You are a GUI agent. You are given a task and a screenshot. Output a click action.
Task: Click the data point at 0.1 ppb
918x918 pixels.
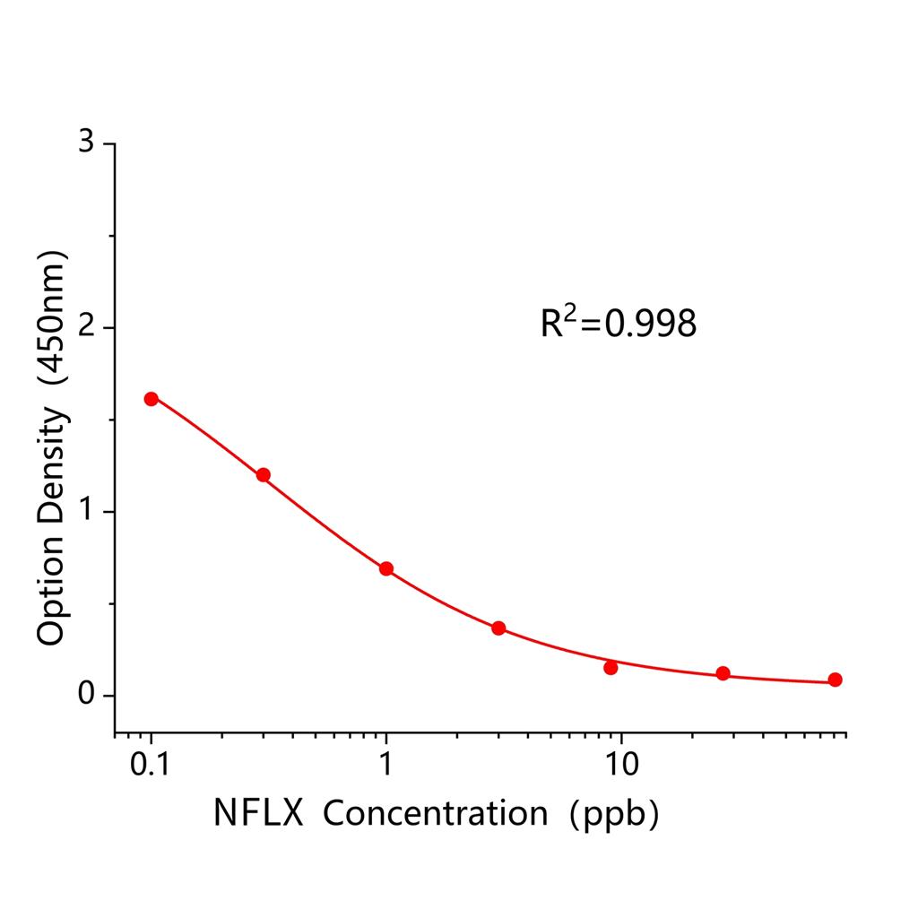pos(152,399)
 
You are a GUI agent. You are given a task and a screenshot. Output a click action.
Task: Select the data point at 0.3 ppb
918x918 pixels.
pos(264,475)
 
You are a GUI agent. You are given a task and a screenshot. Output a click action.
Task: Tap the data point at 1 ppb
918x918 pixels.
pos(386,568)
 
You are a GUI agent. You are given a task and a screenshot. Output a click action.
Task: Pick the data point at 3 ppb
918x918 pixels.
pos(498,628)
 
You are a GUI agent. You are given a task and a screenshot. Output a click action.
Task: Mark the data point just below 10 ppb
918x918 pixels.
pos(611,668)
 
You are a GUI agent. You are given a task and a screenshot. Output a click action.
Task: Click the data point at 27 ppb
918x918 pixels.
pos(723,673)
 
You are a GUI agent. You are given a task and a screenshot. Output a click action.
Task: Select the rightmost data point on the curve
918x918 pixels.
pos(835,680)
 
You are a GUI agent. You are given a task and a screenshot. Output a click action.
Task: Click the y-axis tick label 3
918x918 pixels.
pos(86,143)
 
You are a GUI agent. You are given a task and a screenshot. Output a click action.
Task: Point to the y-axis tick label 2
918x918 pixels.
pos(86,328)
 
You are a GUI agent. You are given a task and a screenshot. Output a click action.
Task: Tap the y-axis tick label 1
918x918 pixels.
pos(86,512)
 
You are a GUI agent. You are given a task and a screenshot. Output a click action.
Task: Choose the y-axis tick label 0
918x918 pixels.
pos(86,696)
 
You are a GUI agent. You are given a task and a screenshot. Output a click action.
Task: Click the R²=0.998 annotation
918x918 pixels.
pos(618,324)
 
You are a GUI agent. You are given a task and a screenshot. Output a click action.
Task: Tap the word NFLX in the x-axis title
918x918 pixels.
pos(257,813)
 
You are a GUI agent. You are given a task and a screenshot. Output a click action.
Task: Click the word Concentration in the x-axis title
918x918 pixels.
pos(435,813)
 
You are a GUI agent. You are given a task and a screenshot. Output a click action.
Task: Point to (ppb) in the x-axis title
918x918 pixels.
pos(616,813)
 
